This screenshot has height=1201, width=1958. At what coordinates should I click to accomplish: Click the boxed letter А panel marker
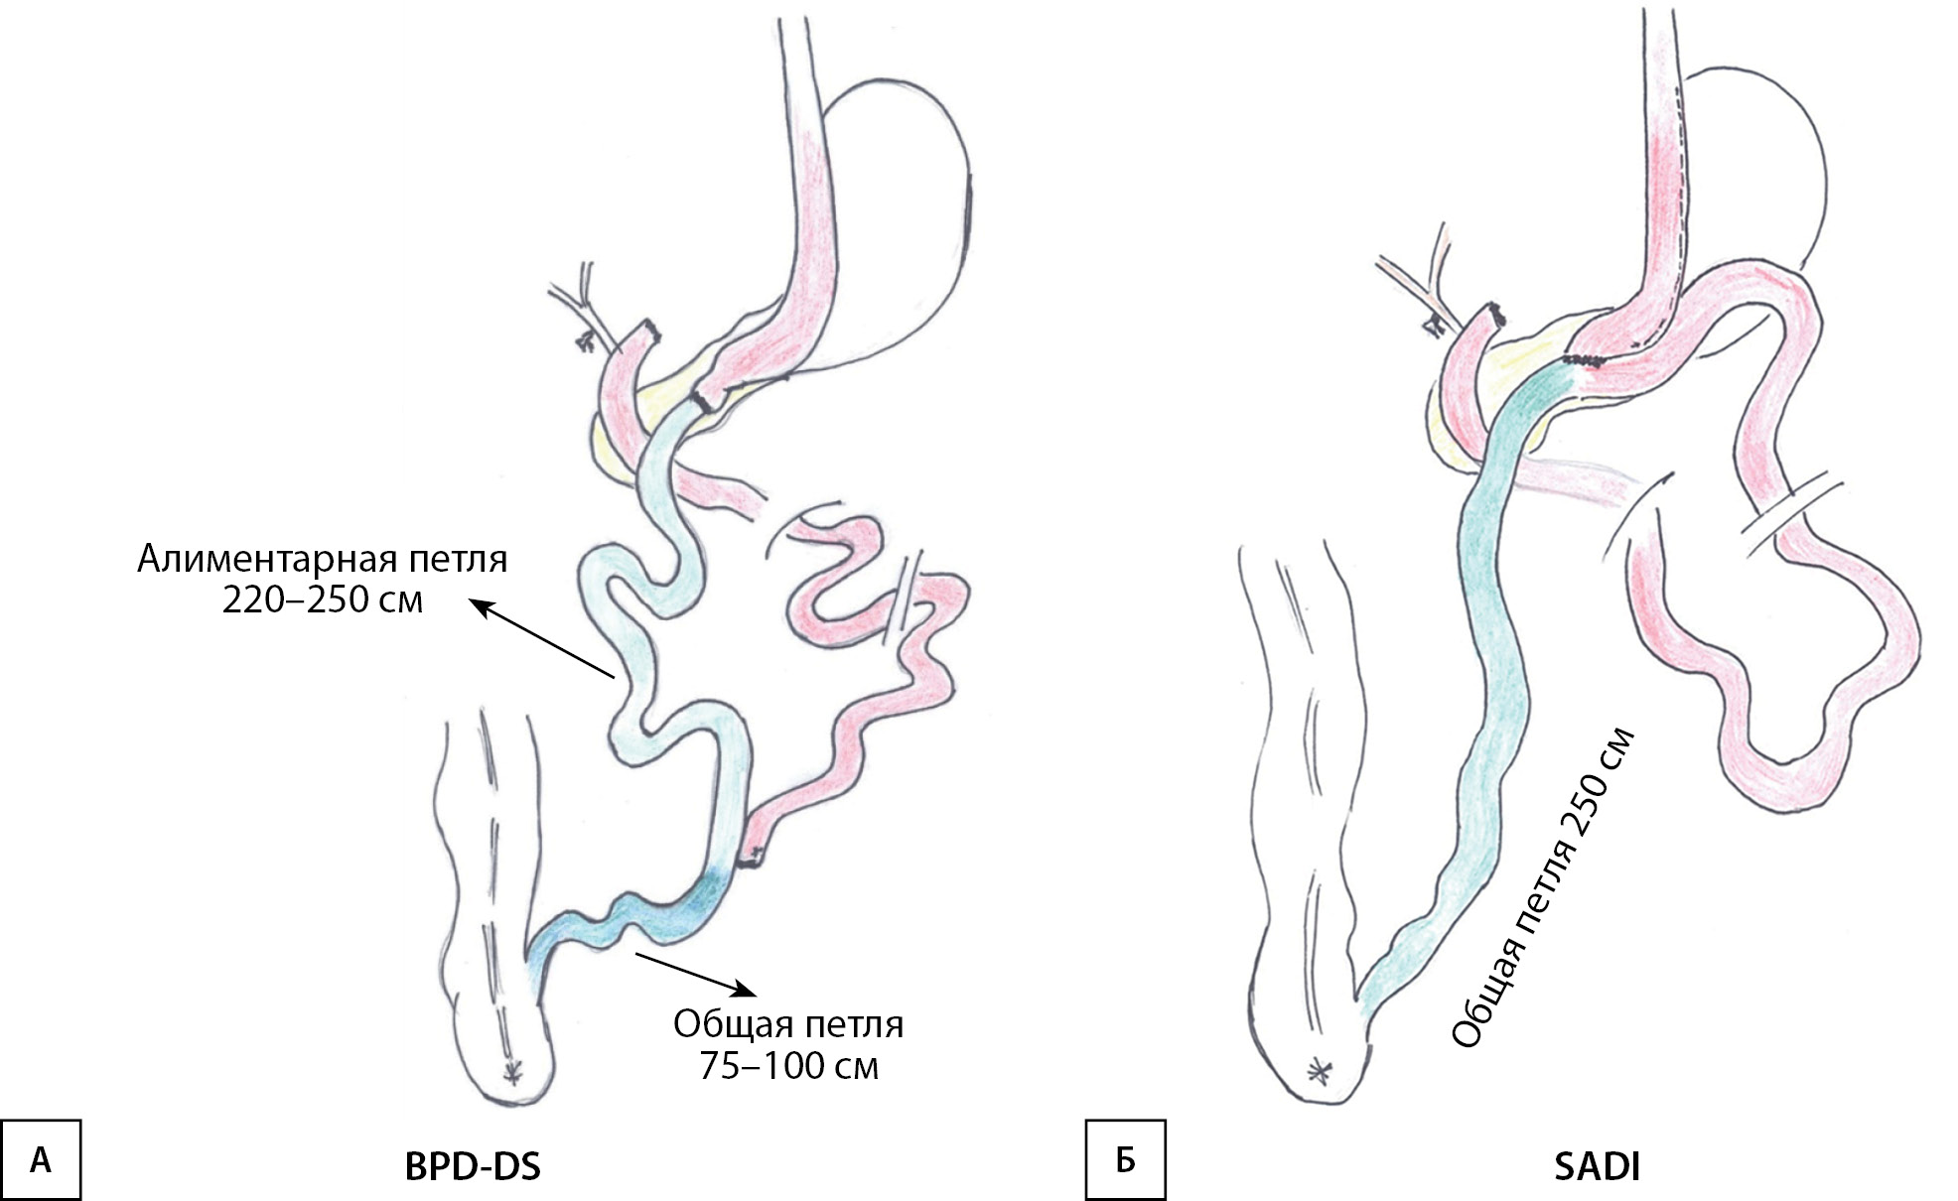(40, 1159)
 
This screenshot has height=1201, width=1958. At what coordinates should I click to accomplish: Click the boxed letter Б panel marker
(1125, 1159)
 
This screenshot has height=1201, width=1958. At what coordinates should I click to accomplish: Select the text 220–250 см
(323, 600)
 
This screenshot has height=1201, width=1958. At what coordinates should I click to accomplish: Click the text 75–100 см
(789, 1066)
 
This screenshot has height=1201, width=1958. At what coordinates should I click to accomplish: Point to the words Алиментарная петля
(323, 559)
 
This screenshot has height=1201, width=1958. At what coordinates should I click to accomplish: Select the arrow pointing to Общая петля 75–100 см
(695, 973)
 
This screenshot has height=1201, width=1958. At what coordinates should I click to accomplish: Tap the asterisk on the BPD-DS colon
(512, 1071)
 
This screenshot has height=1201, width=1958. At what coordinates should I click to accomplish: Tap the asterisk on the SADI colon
(1320, 1070)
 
